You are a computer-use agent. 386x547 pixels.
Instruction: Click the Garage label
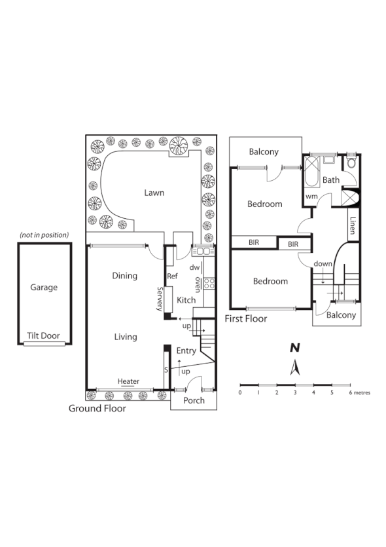point(44,287)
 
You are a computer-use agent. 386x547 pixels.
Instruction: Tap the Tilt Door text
point(43,335)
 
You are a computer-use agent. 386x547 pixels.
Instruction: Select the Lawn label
point(154,193)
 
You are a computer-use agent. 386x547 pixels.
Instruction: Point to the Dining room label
point(124,276)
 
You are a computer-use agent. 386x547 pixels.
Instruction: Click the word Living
point(125,337)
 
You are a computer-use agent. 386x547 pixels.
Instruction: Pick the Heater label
point(128,381)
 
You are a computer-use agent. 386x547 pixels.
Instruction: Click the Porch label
point(194,400)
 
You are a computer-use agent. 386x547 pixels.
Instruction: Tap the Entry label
point(186,351)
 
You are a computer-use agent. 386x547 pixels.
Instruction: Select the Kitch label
point(186,300)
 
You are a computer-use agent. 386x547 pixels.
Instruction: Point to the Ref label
point(173,276)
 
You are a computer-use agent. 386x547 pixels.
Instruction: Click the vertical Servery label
point(159,299)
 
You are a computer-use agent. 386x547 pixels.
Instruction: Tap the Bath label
point(331,179)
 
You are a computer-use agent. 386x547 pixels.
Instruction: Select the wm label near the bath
point(311,196)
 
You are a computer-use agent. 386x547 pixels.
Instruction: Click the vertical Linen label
point(353,225)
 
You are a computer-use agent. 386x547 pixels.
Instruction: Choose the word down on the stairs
point(323,263)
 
